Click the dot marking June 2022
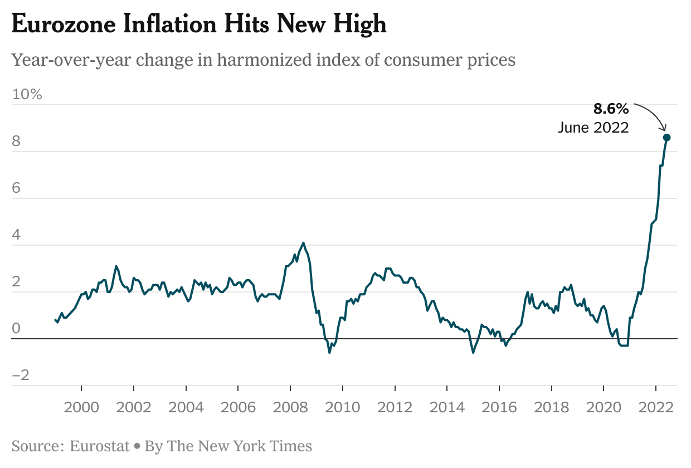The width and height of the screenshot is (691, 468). [x=666, y=137]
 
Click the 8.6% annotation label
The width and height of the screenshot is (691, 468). [x=611, y=109]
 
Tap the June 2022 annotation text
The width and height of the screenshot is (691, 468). [x=593, y=128]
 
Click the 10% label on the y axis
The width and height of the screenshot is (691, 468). [x=27, y=94]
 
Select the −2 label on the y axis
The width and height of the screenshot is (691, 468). [x=21, y=375]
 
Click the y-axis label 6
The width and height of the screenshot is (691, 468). [x=16, y=188]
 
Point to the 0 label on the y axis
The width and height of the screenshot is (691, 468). [x=16, y=328]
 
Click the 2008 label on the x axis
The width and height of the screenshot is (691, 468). [x=290, y=407]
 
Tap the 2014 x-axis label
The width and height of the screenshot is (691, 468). [x=447, y=407]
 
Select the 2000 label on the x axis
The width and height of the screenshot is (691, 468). [x=81, y=407]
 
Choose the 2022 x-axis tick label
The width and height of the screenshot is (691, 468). [x=656, y=407]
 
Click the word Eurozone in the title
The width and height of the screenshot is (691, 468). [x=64, y=24]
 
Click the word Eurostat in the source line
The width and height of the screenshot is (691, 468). [x=100, y=446]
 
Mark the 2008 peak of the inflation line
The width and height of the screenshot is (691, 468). [x=303, y=243]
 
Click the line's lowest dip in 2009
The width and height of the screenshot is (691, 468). [x=329, y=353]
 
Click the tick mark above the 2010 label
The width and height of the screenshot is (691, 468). [x=343, y=388]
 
